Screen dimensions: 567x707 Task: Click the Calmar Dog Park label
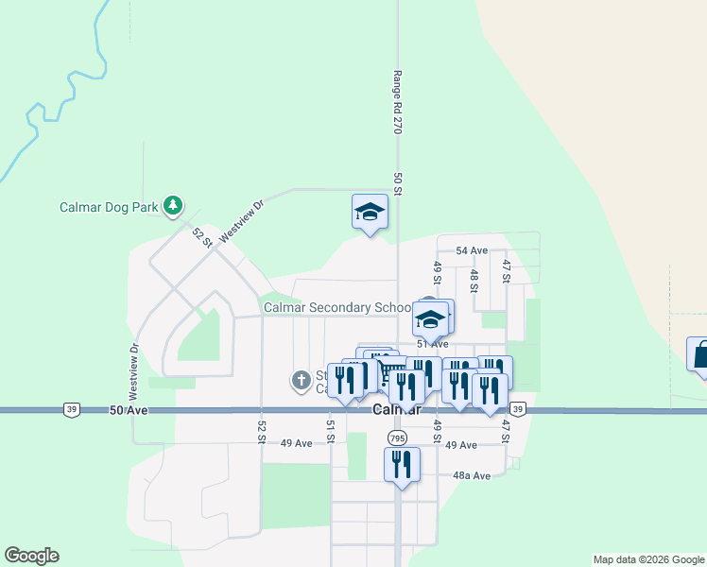pos(109,207)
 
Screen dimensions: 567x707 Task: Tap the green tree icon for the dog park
pos(172,204)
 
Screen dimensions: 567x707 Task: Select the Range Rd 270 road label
pos(398,101)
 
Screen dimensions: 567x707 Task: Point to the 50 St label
pos(398,184)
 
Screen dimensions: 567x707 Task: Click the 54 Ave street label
pos(471,250)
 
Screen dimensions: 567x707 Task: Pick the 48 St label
pos(474,282)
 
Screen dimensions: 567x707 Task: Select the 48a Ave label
pos(472,475)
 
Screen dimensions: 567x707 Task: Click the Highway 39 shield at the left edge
pos(73,409)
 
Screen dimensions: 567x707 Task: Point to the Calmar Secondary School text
pos(337,307)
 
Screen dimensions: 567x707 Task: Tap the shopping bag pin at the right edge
pos(700,356)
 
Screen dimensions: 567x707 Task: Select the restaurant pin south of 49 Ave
pos(402,466)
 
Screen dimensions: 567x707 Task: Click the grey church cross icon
pos(301,381)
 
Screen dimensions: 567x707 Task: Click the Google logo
pos(31,556)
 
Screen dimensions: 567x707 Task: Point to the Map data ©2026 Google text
pos(647,559)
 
